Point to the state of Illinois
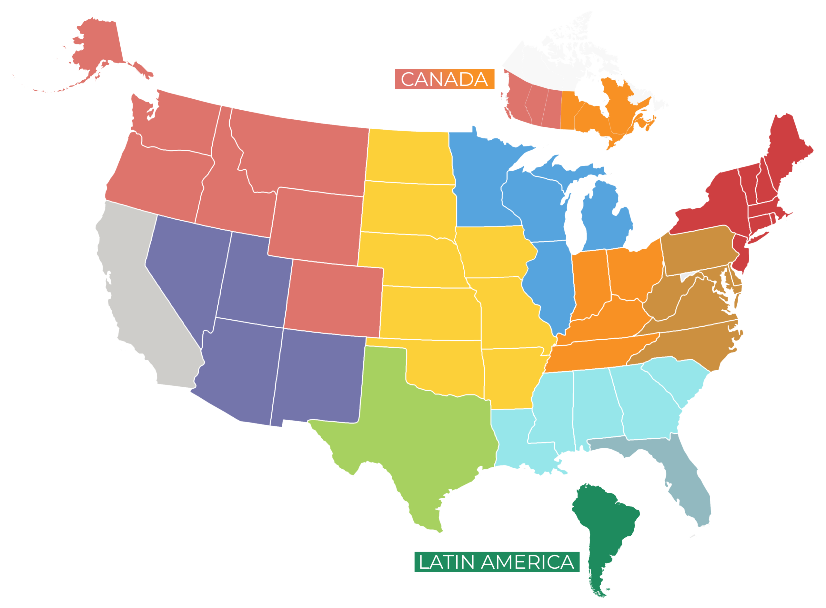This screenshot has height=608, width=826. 552,284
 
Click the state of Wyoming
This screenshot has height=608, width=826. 317,224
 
